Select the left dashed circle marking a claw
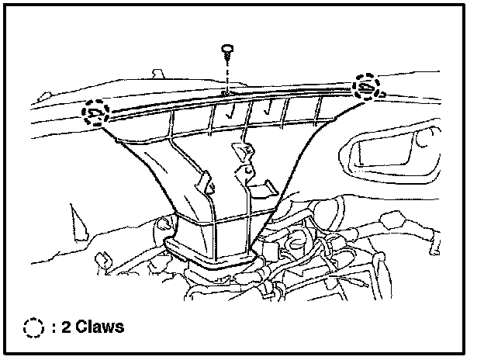[x=96, y=113]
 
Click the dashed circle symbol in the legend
[x=33, y=327]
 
